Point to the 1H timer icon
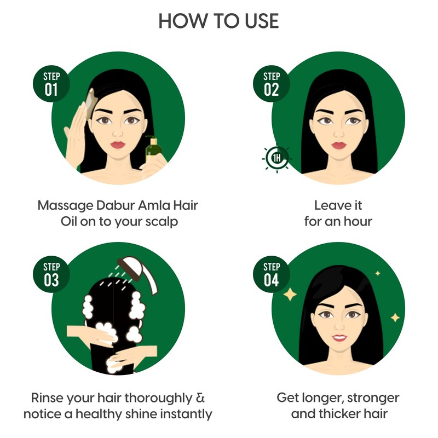(x=277, y=159)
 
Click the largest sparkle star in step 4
(x=290, y=294)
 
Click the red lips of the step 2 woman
(x=339, y=145)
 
